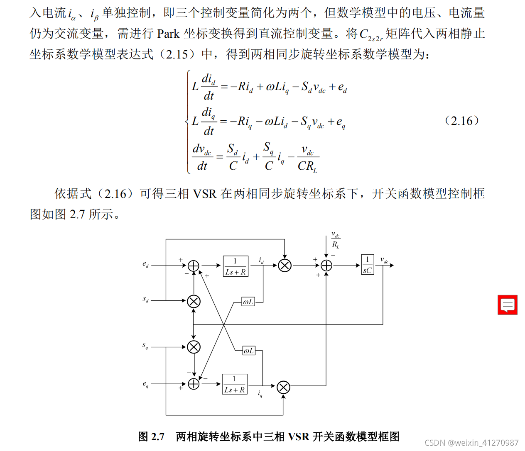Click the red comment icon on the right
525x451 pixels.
(x=507, y=305)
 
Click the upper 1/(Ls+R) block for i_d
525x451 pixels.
(x=236, y=266)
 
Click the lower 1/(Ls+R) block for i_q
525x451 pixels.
(x=235, y=384)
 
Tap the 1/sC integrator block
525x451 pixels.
(x=368, y=265)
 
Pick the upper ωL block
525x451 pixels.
(x=248, y=302)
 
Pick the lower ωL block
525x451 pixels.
(x=249, y=351)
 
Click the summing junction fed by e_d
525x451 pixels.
(x=194, y=266)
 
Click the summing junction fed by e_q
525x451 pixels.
(x=194, y=384)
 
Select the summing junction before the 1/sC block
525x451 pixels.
(x=326, y=265)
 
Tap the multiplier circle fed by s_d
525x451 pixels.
(x=194, y=301)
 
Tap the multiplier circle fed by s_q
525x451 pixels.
(x=194, y=347)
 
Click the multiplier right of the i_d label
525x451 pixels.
(x=285, y=265)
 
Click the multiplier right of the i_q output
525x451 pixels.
(x=283, y=388)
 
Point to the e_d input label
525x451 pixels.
(x=145, y=264)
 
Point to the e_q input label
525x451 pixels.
(x=145, y=385)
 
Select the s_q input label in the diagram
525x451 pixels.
(x=145, y=346)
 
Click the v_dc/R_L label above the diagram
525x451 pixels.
(x=336, y=240)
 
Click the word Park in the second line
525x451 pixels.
(x=168, y=34)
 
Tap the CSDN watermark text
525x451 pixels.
(x=471, y=443)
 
